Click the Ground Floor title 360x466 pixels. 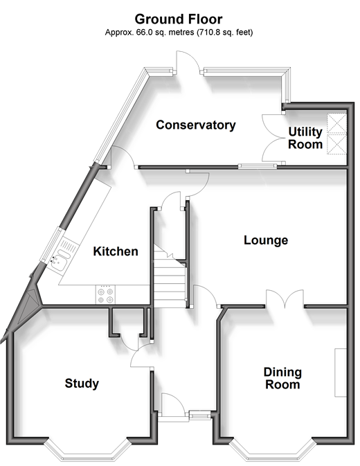(x=179, y=19)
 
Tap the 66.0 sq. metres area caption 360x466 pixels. (x=179, y=32)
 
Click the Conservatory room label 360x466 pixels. (x=196, y=125)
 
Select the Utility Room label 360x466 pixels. (x=305, y=138)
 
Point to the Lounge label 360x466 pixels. (x=266, y=240)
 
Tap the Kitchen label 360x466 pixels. (x=116, y=251)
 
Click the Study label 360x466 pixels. (x=82, y=384)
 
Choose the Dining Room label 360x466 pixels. (x=282, y=378)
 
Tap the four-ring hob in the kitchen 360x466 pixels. (x=105, y=295)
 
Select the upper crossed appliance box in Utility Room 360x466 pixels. (x=337, y=123)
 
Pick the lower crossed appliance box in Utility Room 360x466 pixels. (x=337, y=144)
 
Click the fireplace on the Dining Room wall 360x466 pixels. (x=341, y=373)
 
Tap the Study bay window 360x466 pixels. (x=88, y=451)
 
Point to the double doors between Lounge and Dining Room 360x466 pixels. (x=285, y=298)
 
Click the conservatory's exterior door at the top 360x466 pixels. (x=188, y=62)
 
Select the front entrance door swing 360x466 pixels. (x=173, y=405)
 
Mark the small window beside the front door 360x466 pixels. (x=199, y=415)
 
